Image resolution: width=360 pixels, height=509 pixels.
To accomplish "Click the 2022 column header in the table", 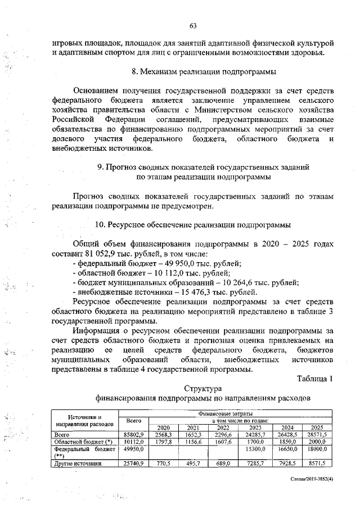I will [x=221, y=427].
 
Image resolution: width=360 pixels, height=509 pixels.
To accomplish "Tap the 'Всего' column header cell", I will [x=134, y=421].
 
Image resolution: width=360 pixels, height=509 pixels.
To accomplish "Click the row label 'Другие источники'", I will [x=78, y=463].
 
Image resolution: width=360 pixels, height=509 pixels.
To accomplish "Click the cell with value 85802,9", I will [x=134, y=435].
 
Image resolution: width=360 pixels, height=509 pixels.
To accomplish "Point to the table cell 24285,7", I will [x=252, y=435].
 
